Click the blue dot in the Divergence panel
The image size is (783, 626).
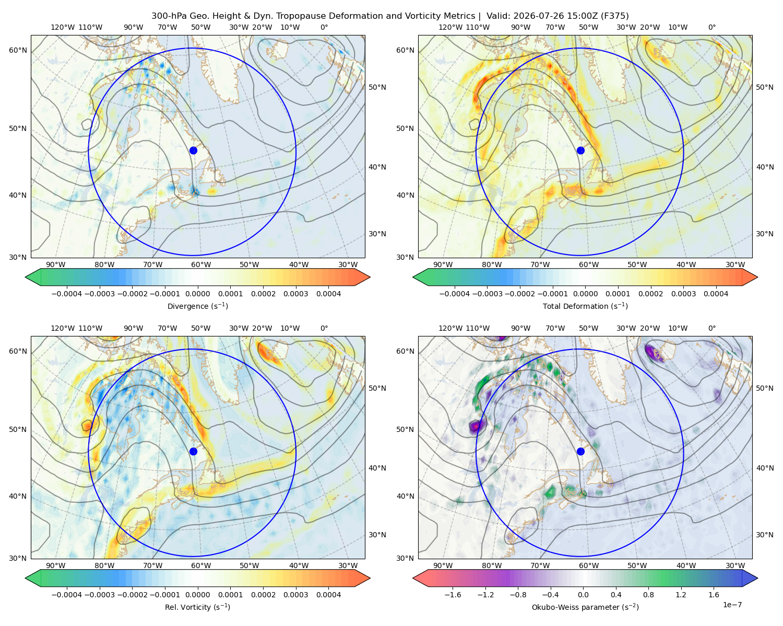(193, 150)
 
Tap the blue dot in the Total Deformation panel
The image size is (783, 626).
(580, 150)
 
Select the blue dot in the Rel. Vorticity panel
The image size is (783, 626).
(193, 451)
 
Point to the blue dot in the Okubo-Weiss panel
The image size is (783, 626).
(580, 451)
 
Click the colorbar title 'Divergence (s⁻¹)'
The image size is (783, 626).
(197, 306)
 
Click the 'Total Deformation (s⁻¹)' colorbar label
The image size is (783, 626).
(585, 306)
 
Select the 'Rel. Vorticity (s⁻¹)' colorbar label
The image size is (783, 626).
(197, 607)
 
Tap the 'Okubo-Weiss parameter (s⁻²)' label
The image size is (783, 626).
(585, 607)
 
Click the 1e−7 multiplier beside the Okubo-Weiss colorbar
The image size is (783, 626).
(732, 605)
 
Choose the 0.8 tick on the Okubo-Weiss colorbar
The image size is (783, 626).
(648, 594)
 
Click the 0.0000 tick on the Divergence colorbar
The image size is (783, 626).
(197, 294)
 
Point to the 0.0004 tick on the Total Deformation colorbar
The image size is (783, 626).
(716, 294)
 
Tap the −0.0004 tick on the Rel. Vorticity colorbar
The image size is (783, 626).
(67, 594)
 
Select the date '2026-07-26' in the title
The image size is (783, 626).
(534, 16)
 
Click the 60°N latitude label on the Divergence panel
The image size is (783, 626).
(18, 50)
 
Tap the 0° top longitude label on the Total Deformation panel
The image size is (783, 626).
(711, 27)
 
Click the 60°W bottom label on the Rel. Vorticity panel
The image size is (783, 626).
(201, 565)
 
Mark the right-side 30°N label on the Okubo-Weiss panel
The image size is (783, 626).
(764, 534)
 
